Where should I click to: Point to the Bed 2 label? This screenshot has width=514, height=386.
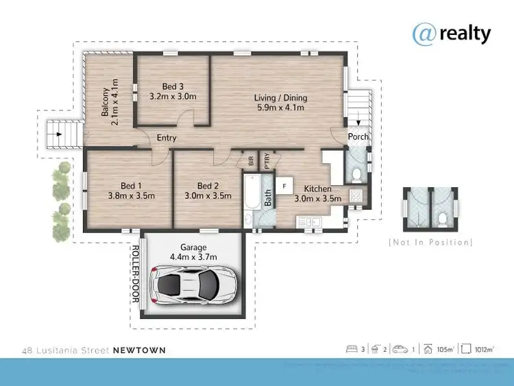pos(208,186)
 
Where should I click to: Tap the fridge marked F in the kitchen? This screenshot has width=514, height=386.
pos(284,184)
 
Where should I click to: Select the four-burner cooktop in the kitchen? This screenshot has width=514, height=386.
pos(356,196)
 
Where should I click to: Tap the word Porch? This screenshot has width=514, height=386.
pos(358,136)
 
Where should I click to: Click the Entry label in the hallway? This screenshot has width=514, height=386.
pos(167,138)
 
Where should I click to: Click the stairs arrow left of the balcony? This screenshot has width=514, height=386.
pos(60,134)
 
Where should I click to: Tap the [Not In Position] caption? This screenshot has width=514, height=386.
pos(430,243)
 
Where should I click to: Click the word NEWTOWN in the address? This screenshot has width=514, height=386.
pos(139,350)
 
